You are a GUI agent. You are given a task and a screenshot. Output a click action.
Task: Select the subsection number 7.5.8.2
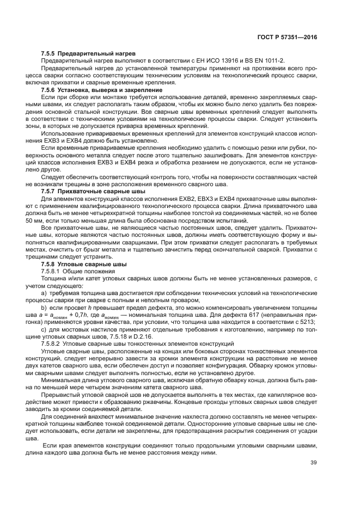[52, 344]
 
